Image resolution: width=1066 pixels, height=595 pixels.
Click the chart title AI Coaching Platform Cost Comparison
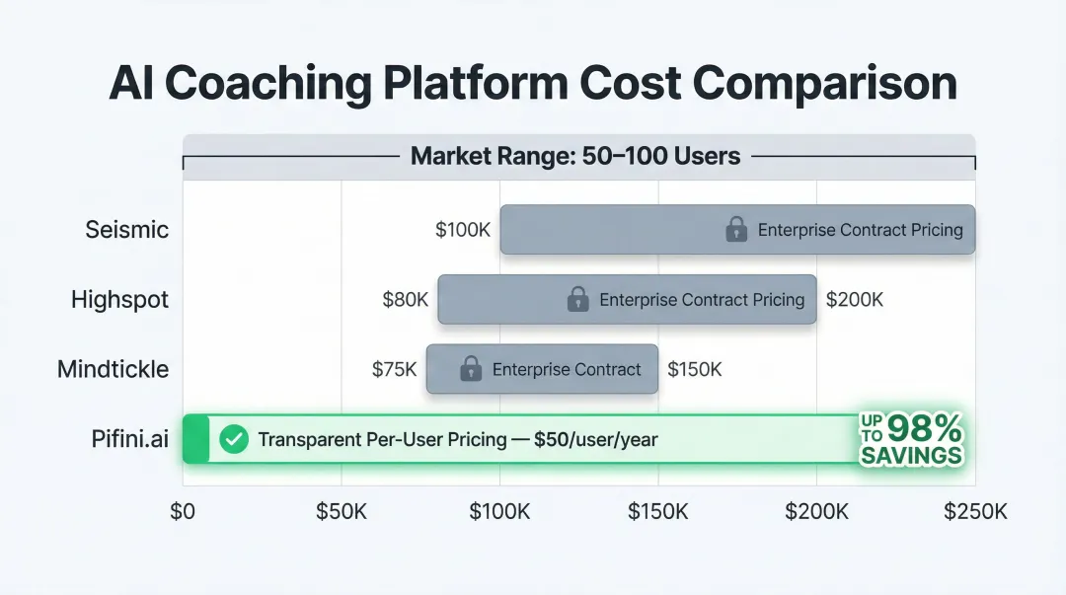pyautogui.click(x=533, y=84)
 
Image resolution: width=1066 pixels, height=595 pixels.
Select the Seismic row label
pyautogui.click(x=126, y=230)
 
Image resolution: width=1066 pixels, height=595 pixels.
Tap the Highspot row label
pyautogui.click(x=119, y=299)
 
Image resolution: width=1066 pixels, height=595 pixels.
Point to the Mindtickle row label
pyautogui.click(x=113, y=369)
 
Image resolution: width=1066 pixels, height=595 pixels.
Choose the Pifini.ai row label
pyautogui.click(x=129, y=439)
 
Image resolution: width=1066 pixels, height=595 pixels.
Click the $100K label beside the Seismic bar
pyautogui.click(x=463, y=230)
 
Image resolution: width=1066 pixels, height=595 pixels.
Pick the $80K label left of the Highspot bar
pyautogui.click(x=406, y=299)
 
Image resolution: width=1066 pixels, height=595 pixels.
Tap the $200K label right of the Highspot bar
pyautogui.click(x=855, y=299)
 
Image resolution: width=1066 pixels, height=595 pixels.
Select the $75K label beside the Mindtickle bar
pyautogui.click(x=395, y=369)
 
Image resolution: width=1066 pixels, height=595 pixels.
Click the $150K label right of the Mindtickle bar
pyautogui.click(x=695, y=369)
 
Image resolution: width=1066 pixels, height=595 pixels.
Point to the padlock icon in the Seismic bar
pyautogui.click(x=736, y=230)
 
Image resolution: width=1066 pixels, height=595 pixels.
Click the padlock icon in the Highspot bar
pyautogui.click(x=578, y=299)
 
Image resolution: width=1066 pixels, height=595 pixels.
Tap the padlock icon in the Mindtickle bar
pyautogui.click(x=471, y=369)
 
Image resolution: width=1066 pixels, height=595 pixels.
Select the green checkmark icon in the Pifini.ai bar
pyautogui.click(x=234, y=439)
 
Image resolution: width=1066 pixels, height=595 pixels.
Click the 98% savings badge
pyautogui.click(x=911, y=439)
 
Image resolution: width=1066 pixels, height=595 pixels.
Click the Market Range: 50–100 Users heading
pyautogui.click(x=575, y=156)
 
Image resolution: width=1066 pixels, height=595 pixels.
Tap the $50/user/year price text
pyautogui.click(x=595, y=439)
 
